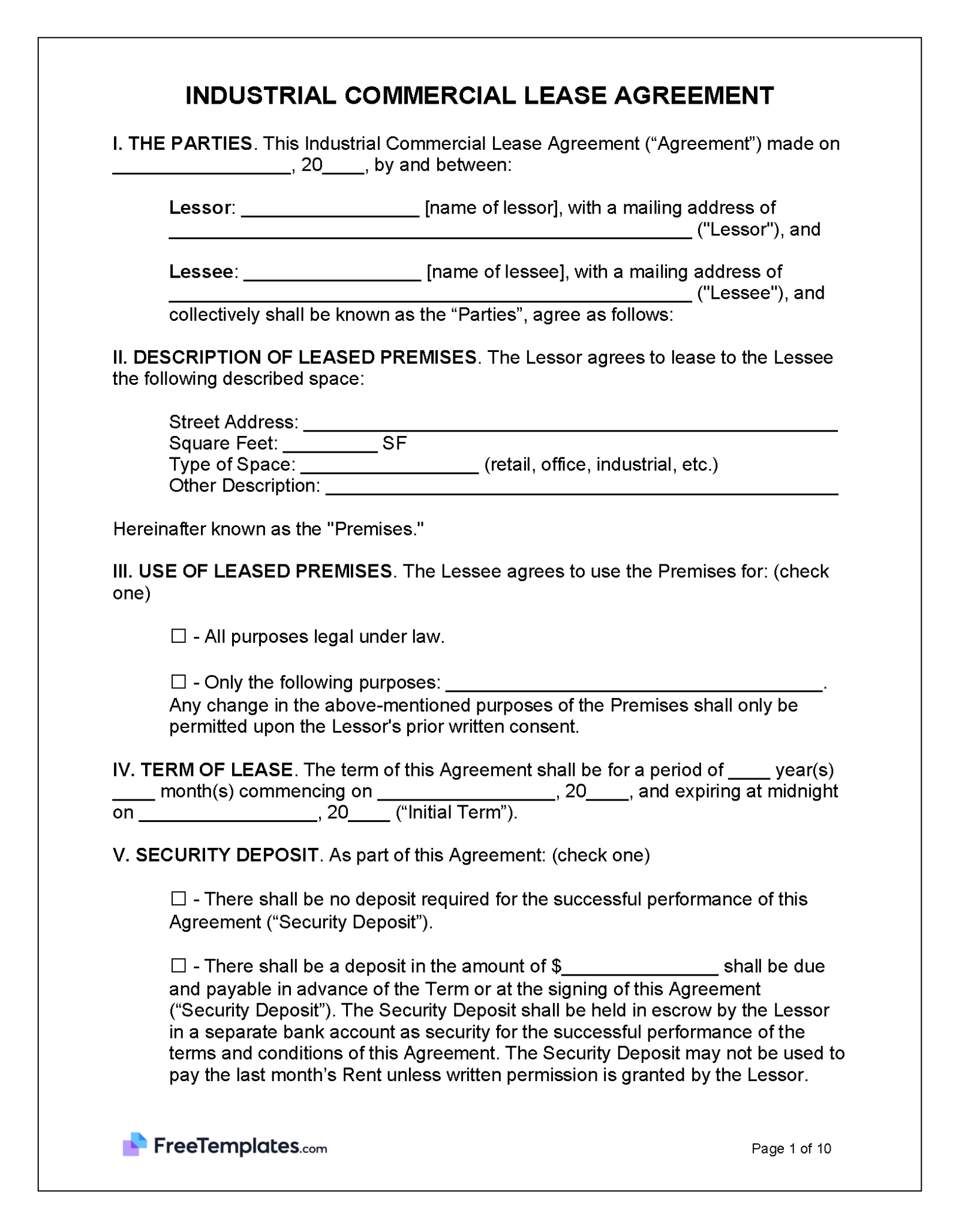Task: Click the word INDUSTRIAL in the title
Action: pos(260,96)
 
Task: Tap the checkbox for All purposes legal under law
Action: pos(178,636)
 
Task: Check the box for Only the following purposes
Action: pos(178,682)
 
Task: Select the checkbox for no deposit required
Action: pos(178,898)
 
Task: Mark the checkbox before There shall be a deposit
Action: pos(178,965)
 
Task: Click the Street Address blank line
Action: pos(570,424)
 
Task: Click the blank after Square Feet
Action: pos(330,446)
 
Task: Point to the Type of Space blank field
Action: pos(389,466)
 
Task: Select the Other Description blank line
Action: pos(581,487)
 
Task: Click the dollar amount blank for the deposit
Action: pos(640,968)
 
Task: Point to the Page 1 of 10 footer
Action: pos(790,1148)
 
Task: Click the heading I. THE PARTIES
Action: pos(182,144)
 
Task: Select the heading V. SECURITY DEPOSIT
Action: pos(215,855)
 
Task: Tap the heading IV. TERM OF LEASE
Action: pos(202,770)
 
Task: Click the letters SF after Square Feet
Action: pos(394,444)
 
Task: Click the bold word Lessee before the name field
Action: pos(201,272)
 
